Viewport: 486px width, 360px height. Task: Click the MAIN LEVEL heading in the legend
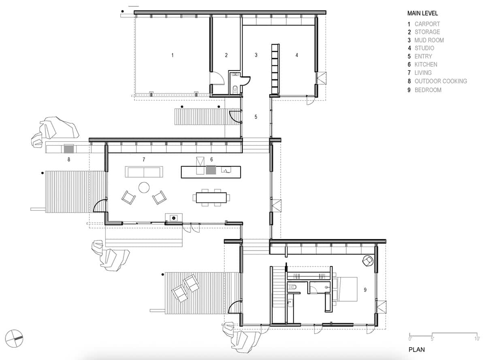422,13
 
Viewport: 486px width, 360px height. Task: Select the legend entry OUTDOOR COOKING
440,81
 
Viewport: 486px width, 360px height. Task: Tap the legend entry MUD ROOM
429,40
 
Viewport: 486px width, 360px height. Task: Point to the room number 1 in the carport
173,55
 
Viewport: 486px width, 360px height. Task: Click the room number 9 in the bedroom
365,289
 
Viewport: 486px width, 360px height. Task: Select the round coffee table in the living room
144,187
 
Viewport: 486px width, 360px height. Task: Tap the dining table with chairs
211,197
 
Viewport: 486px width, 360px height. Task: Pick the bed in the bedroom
345,289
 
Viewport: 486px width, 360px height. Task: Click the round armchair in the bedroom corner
368,261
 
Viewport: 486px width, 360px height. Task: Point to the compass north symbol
15,336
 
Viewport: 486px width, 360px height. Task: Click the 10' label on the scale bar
477,337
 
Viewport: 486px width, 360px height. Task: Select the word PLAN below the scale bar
417,349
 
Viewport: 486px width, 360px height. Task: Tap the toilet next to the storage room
236,89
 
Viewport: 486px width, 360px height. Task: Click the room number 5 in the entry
256,117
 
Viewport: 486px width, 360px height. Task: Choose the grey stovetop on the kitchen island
211,170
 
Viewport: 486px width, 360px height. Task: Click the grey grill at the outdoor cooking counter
68,148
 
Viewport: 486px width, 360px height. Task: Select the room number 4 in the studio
296,55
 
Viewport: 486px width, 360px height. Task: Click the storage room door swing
217,78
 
